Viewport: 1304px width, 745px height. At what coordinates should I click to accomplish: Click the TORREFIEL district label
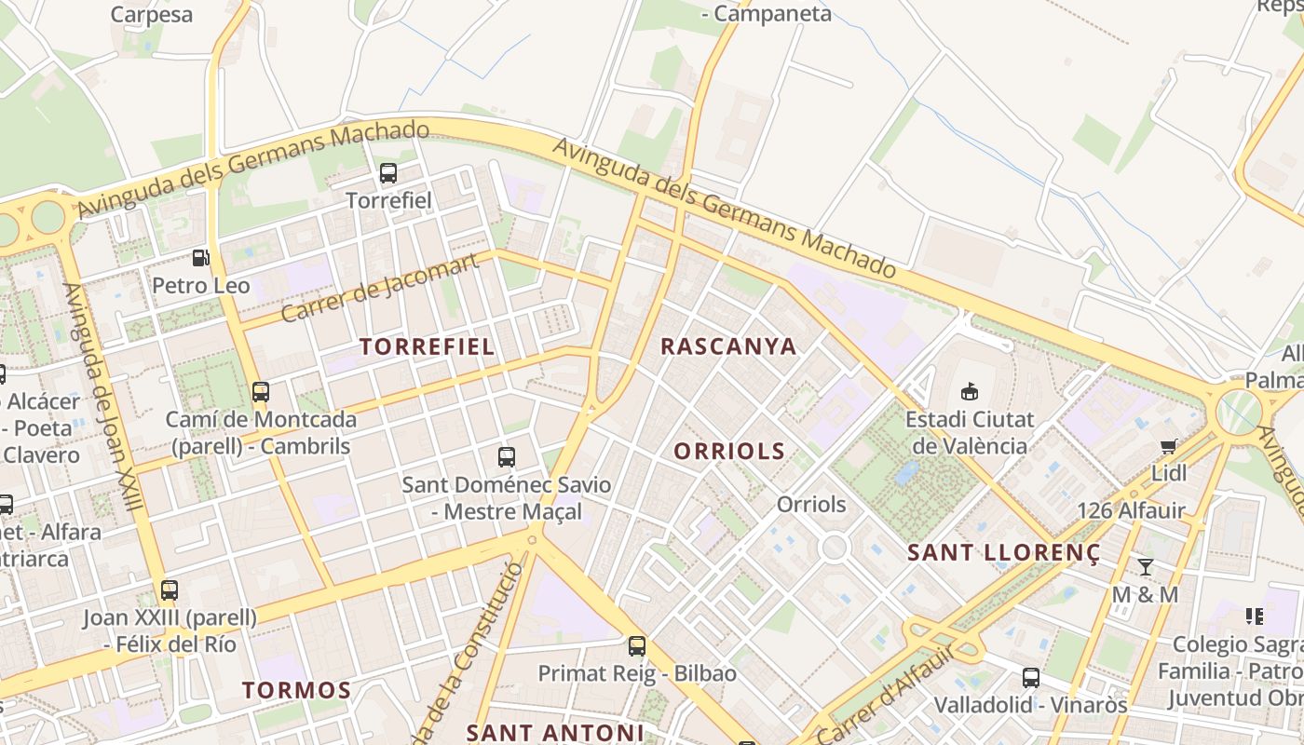click(x=427, y=346)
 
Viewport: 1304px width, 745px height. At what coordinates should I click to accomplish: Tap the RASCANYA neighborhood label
click(x=728, y=346)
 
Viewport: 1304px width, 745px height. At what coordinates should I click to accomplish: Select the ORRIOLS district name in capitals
click(x=729, y=452)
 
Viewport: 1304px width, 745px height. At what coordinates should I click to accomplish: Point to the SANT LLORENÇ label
click(x=1004, y=552)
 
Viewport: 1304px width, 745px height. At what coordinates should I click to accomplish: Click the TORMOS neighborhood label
click(x=296, y=690)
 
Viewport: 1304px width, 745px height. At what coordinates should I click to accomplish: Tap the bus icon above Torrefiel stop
click(x=388, y=173)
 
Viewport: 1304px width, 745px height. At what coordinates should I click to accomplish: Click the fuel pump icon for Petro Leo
click(x=200, y=258)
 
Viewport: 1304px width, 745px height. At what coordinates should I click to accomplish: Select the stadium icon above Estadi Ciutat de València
click(x=970, y=391)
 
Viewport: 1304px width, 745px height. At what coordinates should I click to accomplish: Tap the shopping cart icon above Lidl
click(x=1169, y=446)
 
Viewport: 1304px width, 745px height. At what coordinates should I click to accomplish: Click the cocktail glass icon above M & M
click(x=1146, y=567)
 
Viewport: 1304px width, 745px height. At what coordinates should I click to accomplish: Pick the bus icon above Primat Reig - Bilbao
click(x=637, y=645)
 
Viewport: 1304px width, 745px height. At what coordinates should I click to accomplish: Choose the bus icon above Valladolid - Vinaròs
click(x=1031, y=678)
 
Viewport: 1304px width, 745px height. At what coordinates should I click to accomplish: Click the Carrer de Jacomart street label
click(x=380, y=287)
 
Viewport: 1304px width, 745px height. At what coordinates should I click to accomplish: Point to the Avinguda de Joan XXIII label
click(x=103, y=396)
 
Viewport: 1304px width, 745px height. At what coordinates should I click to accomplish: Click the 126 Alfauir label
click(x=1131, y=510)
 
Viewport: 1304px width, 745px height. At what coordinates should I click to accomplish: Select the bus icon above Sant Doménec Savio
click(x=507, y=457)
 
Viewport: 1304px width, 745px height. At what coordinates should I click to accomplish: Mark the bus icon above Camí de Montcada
click(x=261, y=392)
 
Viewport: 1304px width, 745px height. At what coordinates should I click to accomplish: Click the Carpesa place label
click(x=152, y=15)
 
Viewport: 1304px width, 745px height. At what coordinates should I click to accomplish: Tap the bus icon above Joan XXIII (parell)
click(x=170, y=590)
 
